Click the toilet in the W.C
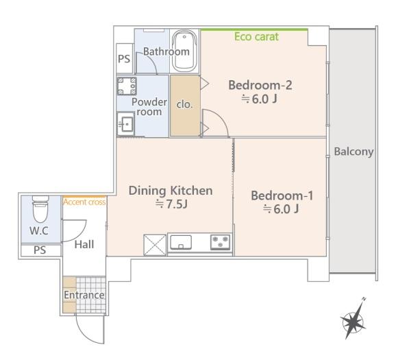click(x=40, y=208)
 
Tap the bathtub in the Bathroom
click(x=184, y=51)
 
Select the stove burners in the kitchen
click(x=221, y=242)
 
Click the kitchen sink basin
click(x=181, y=242)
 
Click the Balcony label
click(x=353, y=152)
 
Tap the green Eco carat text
click(x=256, y=37)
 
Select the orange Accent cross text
click(x=84, y=202)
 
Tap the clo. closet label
click(x=184, y=104)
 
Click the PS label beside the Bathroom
click(x=124, y=59)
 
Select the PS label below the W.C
click(x=40, y=250)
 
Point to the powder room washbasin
click(x=125, y=124)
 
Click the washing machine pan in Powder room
click(x=127, y=86)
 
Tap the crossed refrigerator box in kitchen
click(x=155, y=245)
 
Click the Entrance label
click(x=84, y=295)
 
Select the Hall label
click(x=84, y=245)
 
